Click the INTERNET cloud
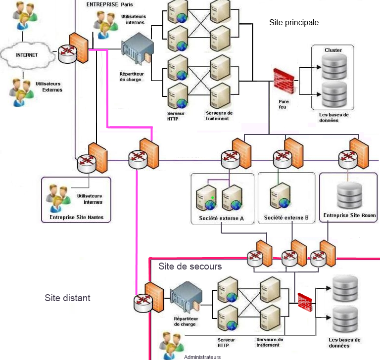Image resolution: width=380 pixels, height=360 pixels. tap(27, 55)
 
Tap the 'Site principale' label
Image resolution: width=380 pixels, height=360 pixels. tap(294, 23)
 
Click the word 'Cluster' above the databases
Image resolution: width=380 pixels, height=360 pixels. tap(333, 50)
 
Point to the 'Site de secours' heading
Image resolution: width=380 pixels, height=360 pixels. tap(190, 267)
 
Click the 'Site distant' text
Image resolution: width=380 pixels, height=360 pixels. tap(67, 298)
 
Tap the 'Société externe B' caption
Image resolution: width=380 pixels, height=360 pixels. tap(286, 218)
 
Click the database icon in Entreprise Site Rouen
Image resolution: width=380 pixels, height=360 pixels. tap(350, 196)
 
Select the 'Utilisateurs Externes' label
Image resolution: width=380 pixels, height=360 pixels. tap(49, 87)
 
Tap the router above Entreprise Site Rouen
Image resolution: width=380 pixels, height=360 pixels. tap(347, 158)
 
